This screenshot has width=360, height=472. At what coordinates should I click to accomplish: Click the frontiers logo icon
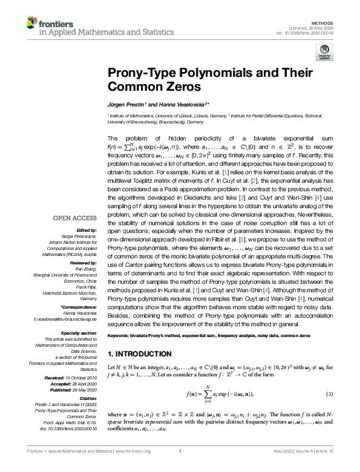pyautogui.click(x=33, y=24)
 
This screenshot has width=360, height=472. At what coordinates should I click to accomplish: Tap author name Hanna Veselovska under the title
pyautogui.click(x=182, y=103)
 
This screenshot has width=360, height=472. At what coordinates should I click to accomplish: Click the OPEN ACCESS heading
pyautogui.click(x=75, y=218)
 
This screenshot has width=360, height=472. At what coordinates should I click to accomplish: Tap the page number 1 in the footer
pyautogui.click(x=180, y=467)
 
